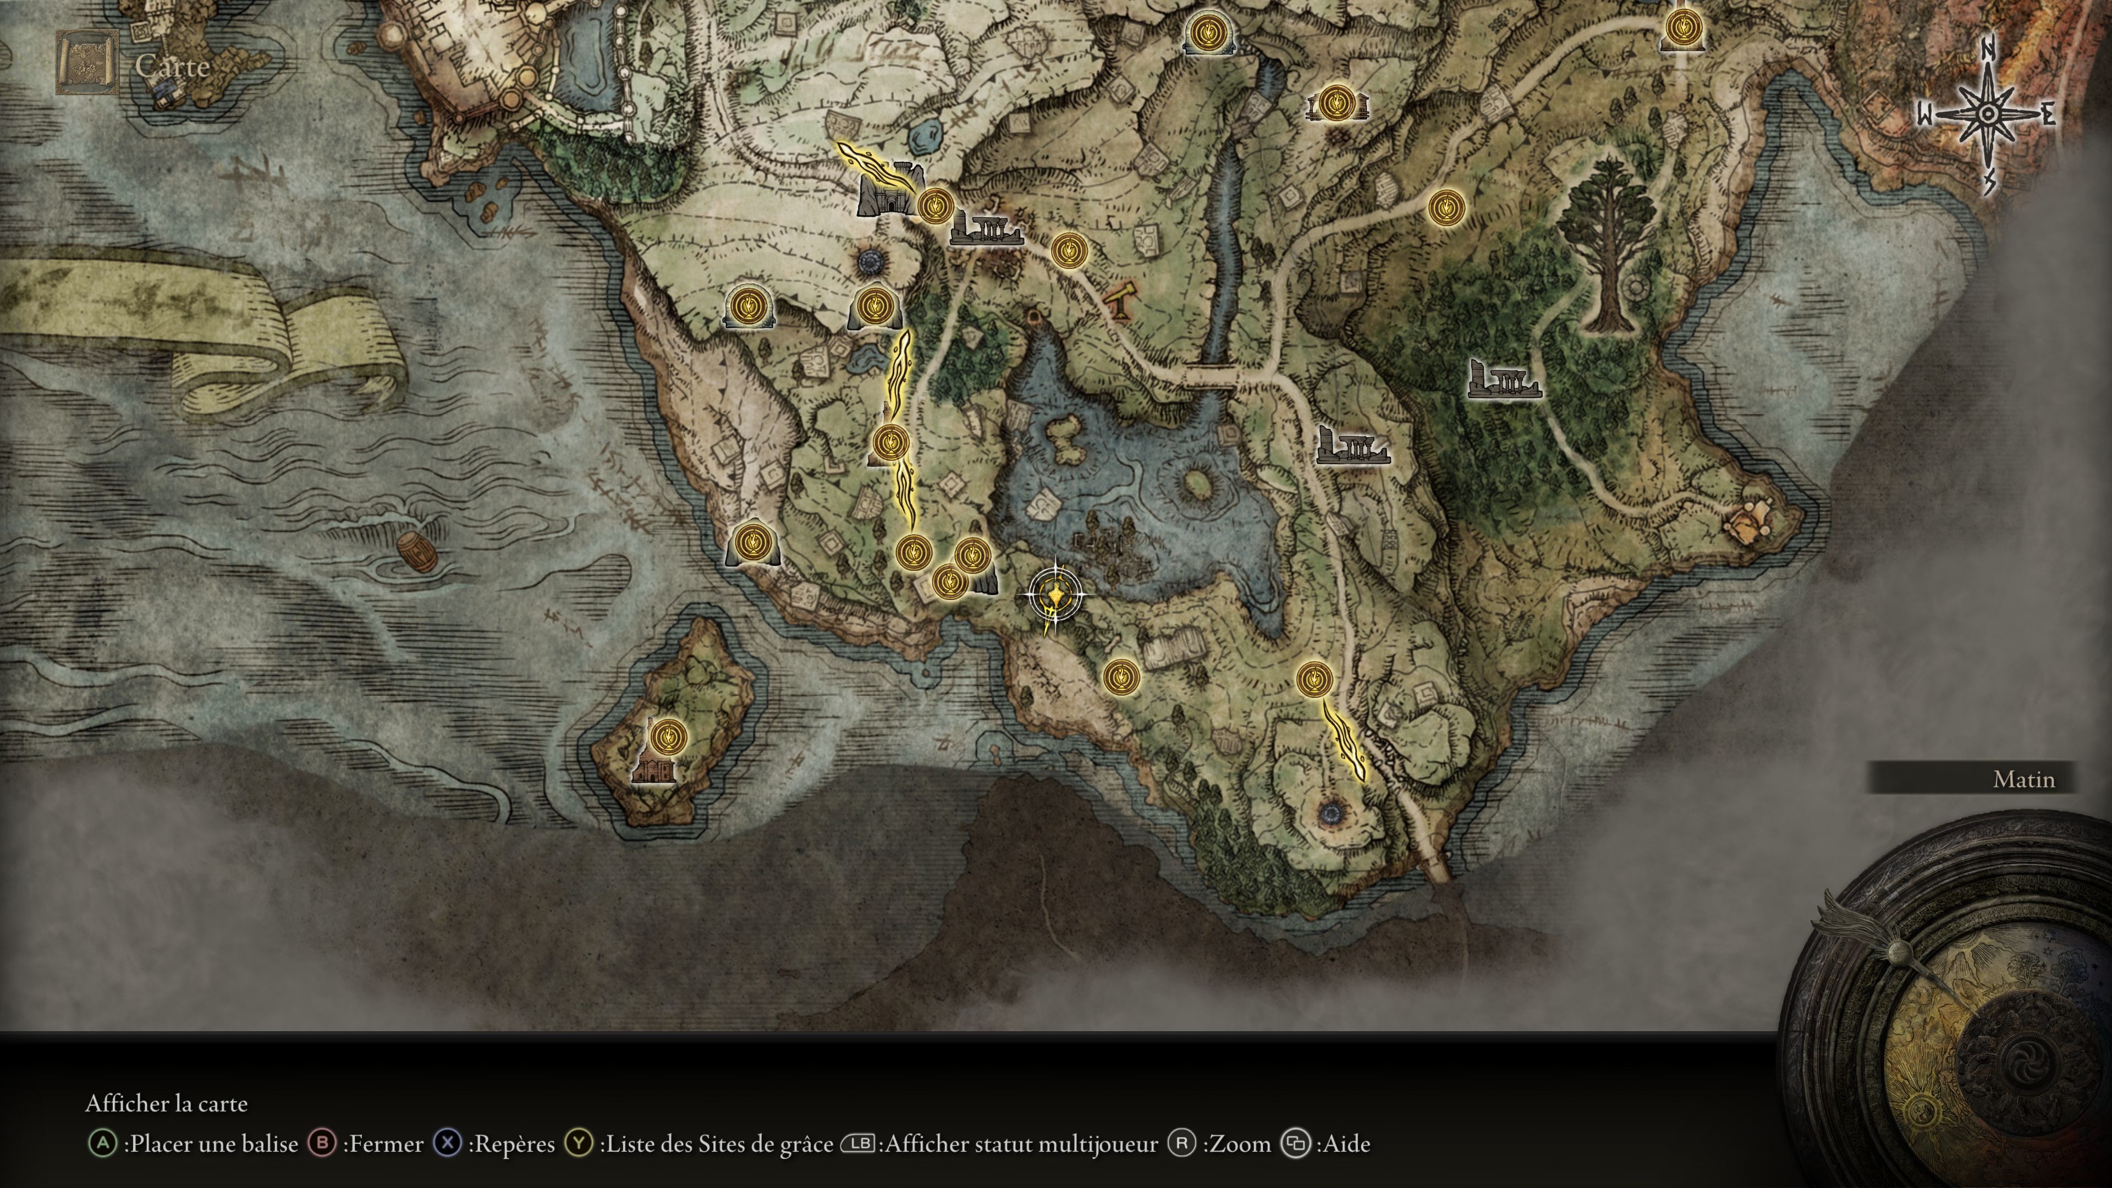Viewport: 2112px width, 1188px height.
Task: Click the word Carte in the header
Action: (172, 65)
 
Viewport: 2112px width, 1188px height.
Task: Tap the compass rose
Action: (1987, 115)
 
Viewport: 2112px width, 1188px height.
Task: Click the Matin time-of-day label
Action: (2023, 779)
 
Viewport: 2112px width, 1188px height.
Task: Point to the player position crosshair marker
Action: (1054, 596)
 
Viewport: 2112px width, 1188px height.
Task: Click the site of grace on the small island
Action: (669, 735)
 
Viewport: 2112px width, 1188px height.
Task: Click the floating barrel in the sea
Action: (418, 553)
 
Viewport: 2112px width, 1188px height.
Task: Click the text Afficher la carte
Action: (167, 1103)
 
